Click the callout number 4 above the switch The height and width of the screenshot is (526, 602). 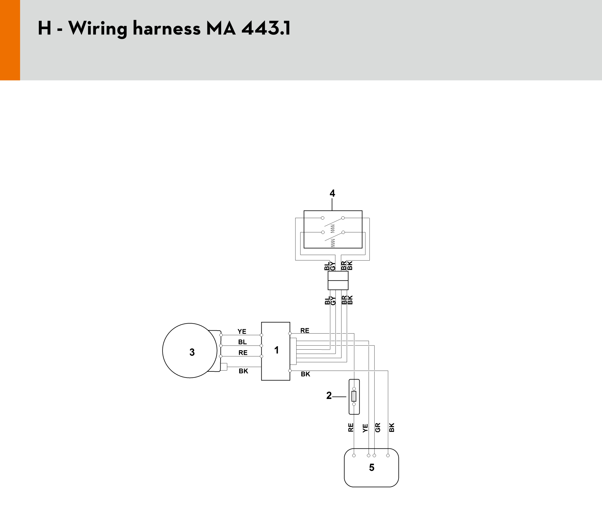(332, 193)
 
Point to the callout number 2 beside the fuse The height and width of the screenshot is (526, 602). (329, 395)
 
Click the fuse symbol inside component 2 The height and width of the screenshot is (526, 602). (354, 396)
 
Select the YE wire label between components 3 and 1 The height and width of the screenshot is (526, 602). (242, 332)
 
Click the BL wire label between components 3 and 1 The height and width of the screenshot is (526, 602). (242, 342)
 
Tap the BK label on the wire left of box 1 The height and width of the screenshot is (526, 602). (243, 371)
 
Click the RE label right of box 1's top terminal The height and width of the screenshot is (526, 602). (305, 331)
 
